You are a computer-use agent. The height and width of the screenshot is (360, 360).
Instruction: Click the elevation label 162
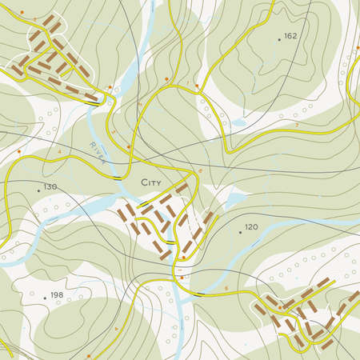click(290, 36)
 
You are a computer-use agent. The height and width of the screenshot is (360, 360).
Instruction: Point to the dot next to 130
click(38, 190)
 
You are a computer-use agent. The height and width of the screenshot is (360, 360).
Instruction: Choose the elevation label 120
click(251, 228)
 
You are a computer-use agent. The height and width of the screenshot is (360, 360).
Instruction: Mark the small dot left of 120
click(240, 232)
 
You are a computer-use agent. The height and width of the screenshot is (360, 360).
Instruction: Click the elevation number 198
click(56, 296)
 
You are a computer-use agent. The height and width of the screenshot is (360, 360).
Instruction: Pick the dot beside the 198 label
click(45, 298)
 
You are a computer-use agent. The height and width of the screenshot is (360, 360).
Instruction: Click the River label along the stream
click(98, 150)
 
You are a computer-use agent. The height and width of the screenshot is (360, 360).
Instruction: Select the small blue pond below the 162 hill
click(237, 123)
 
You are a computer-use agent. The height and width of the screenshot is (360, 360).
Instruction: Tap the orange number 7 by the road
click(297, 126)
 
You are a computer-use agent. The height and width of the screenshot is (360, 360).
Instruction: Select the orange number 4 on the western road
click(58, 150)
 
